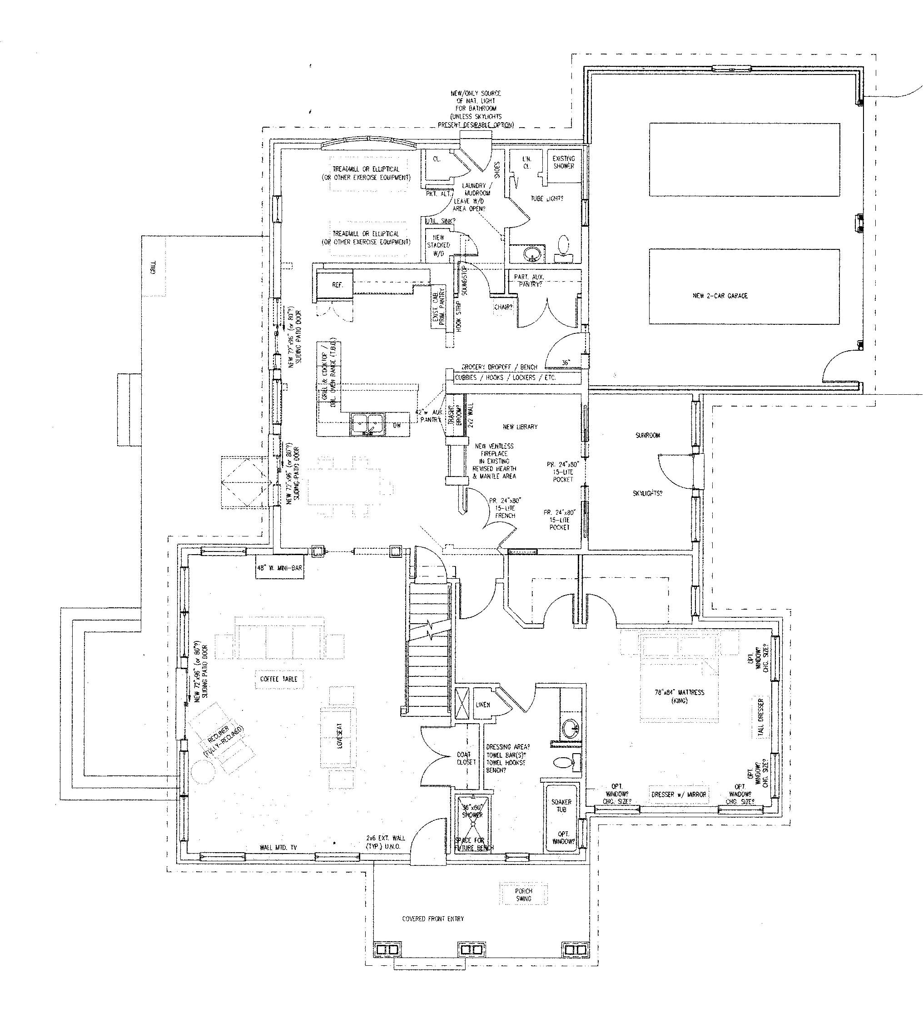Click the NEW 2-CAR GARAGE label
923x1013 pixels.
pyautogui.click(x=720, y=295)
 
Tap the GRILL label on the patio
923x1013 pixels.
pyautogui.click(x=153, y=267)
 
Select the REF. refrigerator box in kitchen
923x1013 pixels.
pyautogui.click(x=337, y=285)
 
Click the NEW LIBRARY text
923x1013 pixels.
pyautogui.click(x=520, y=427)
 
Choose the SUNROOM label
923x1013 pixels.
pyautogui.click(x=647, y=435)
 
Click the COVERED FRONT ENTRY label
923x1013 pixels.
pyautogui.click(x=432, y=919)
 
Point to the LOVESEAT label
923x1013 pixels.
pyautogui.click(x=340, y=737)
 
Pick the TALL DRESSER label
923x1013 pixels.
pyautogui.click(x=760, y=718)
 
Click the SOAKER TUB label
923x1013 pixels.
pyautogui.click(x=561, y=805)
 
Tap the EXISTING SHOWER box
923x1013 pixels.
pyautogui.click(x=563, y=162)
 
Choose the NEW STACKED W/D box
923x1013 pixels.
pyautogui.click(x=438, y=245)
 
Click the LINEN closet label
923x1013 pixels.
pyautogui.click(x=482, y=705)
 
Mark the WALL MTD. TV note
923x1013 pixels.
pyautogui.click(x=278, y=848)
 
